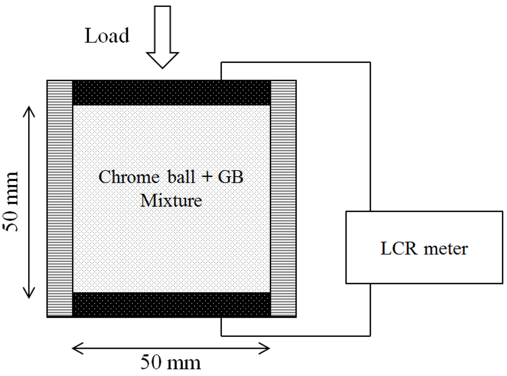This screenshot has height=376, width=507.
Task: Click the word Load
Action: (x=107, y=36)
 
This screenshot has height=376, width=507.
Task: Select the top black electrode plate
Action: (x=171, y=93)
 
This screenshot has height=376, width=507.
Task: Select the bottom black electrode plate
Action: (x=171, y=304)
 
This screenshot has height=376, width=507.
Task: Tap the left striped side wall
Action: (x=59, y=198)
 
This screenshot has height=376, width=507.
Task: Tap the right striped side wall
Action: (x=283, y=198)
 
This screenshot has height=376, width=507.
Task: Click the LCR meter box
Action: (x=423, y=247)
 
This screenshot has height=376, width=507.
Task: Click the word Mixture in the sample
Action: (x=171, y=201)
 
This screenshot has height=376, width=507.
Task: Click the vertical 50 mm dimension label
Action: (x=11, y=202)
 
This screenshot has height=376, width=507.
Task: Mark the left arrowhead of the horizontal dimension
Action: (x=76, y=348)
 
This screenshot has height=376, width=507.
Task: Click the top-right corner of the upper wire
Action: (x=370, y=62)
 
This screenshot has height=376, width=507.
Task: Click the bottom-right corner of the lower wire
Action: (x=370, y=335)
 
